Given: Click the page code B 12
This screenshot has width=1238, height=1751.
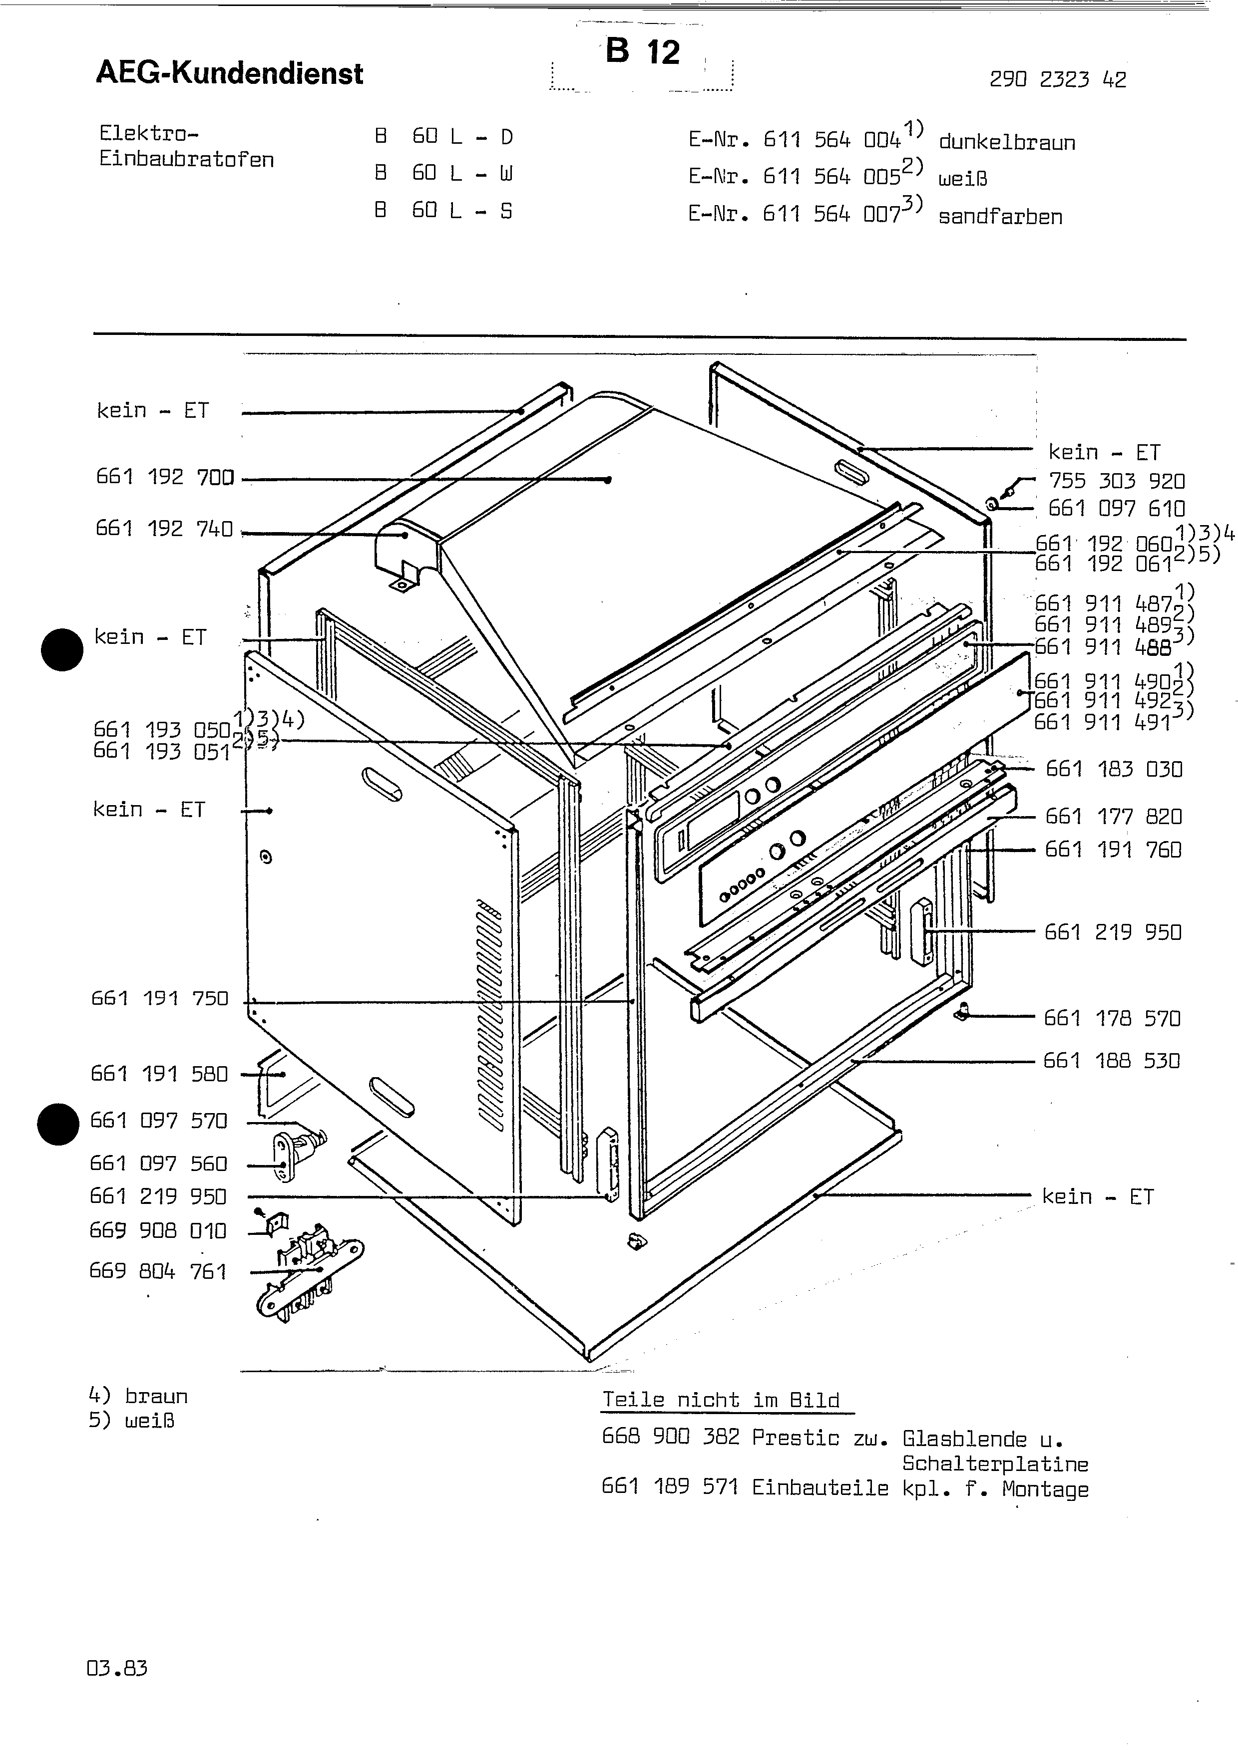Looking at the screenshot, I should [x=642, y=52].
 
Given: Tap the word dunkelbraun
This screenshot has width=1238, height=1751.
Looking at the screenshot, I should [x=1006, y=143].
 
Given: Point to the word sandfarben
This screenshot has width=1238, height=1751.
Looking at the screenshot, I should [x=999, y=217].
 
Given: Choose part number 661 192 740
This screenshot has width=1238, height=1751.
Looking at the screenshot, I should [x=164, y=529].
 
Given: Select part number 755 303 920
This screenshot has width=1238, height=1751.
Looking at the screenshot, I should [x=1116, y=481].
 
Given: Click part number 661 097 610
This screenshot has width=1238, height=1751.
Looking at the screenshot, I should [x=1116, y=509].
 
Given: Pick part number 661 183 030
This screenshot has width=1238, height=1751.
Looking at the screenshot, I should [x=1114, y=770].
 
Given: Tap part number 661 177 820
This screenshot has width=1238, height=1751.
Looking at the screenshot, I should [x=1114, y=817].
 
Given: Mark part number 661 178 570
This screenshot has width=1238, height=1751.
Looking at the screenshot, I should [x=1112, y=1019].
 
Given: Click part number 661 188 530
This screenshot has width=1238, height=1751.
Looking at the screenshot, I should [x=1111, y=1061].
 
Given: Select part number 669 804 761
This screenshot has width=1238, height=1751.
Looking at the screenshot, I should [x=158, y=1272].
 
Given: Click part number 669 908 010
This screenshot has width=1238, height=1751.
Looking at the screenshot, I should [x=158, y=1231].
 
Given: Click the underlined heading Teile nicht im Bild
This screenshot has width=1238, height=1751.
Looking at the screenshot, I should [x=721, y=1400].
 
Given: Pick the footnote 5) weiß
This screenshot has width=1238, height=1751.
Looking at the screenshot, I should [x=131, y=1421].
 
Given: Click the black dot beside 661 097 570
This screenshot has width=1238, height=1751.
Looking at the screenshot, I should [x=58, y=1125].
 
